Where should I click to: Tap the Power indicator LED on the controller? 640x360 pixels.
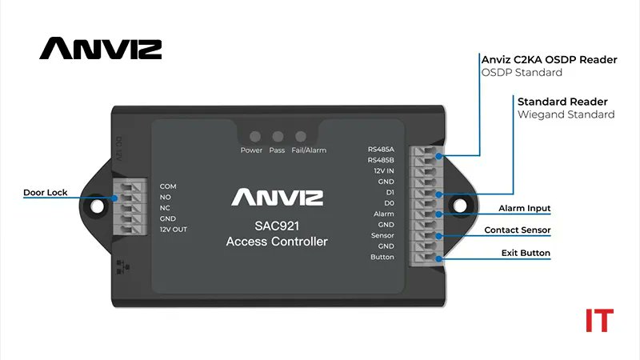click(252, 137)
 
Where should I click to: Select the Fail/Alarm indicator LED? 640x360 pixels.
click(301, 137)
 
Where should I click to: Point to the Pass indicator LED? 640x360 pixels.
click(277, 137)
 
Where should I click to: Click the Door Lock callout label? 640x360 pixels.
click(46, 193)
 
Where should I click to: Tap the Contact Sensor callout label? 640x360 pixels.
click(517, 230)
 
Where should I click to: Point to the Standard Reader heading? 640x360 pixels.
click(562, 102)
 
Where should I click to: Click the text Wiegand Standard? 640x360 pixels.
click(566, 114)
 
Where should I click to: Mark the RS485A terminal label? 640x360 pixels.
click(381, 149)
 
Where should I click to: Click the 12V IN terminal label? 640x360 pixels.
click(382, 170)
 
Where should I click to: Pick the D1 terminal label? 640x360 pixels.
click(390, 193)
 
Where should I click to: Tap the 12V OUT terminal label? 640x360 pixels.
click(174, 230)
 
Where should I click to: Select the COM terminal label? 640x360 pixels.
click(168, 186)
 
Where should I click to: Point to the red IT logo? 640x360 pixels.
click(599, 320)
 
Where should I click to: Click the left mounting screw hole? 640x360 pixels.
click(97, 206)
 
